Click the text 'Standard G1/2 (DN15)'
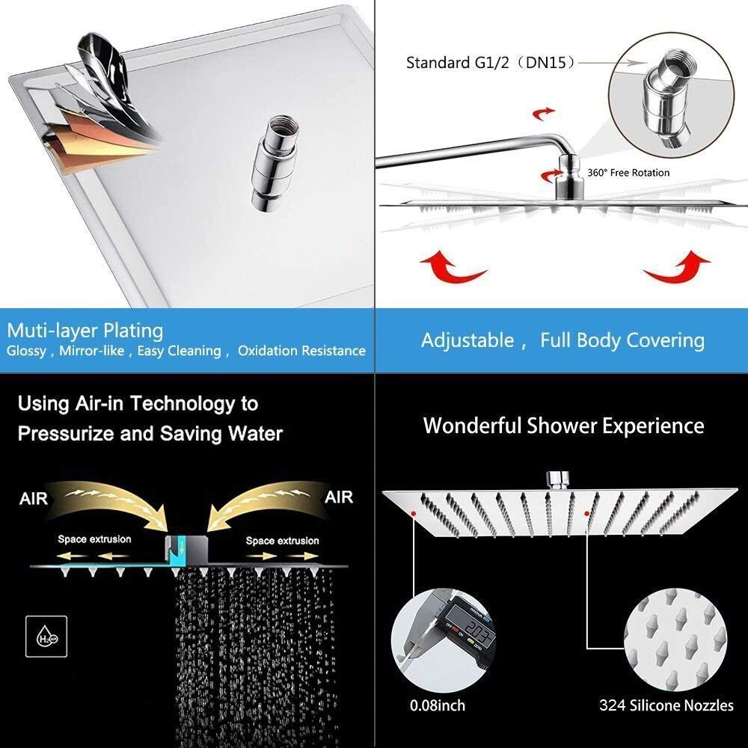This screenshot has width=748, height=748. [491, 63]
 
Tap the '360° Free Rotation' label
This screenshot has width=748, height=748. [628, 173]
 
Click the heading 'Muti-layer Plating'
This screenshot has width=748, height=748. [85, 330]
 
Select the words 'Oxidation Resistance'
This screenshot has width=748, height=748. [301, 351]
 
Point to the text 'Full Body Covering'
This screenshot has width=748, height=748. [622, 341]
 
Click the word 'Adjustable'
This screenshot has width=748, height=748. [467, 341]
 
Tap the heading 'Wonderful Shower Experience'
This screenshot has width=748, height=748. [563, 426]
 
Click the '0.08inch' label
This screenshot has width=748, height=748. [438, 705]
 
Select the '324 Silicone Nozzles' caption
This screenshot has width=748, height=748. [666, 705]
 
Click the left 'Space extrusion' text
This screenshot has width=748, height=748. [94, 539]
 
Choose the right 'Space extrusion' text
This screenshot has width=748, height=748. [282, 540]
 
